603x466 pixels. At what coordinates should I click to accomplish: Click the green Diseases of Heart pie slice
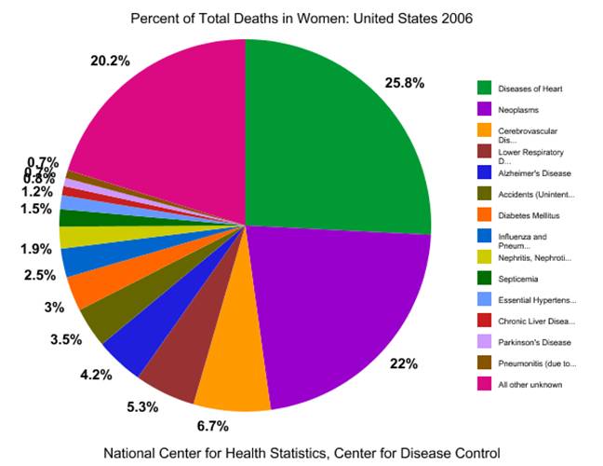pos(335,140)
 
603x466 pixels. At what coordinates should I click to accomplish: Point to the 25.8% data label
pos(404,83)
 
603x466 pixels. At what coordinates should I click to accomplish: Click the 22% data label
pos(403,363)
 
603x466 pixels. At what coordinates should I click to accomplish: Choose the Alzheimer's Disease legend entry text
pos(529,172)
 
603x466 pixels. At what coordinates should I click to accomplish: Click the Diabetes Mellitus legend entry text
pos(527,215)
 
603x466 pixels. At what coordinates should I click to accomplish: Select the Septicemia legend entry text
pos(516,279)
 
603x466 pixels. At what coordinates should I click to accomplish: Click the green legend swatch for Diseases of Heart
pos(485,88)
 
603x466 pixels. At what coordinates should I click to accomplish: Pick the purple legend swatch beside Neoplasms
pos(485,109)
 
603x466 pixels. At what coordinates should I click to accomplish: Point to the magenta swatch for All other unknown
pos(485,384)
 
